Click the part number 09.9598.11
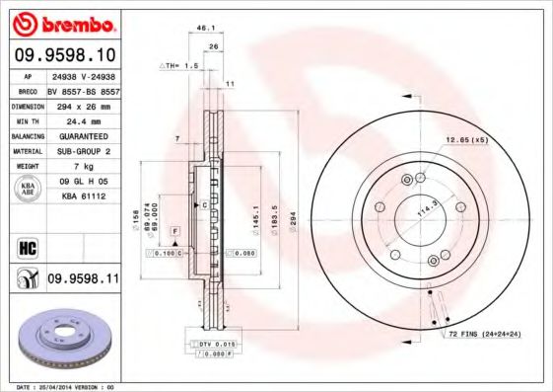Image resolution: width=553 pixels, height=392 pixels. tap(83, 280)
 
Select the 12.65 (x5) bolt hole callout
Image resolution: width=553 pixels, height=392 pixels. tap(466, 139)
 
